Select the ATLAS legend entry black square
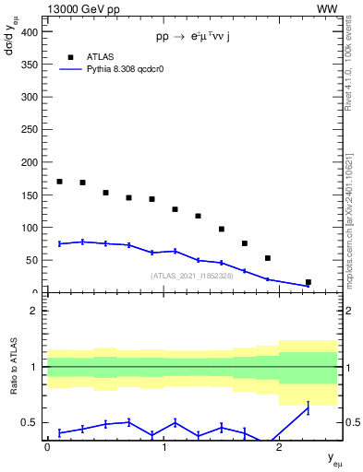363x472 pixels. (x=60, y=55)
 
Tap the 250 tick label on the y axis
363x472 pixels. (x=30, y=129)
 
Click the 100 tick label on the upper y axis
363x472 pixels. (x=30, y=228)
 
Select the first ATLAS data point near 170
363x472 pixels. (x=59, y=182)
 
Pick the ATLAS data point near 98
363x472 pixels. (x=222, y=229)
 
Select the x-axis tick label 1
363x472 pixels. (x=163, y=447)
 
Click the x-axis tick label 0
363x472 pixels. (x=47, y=447)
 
